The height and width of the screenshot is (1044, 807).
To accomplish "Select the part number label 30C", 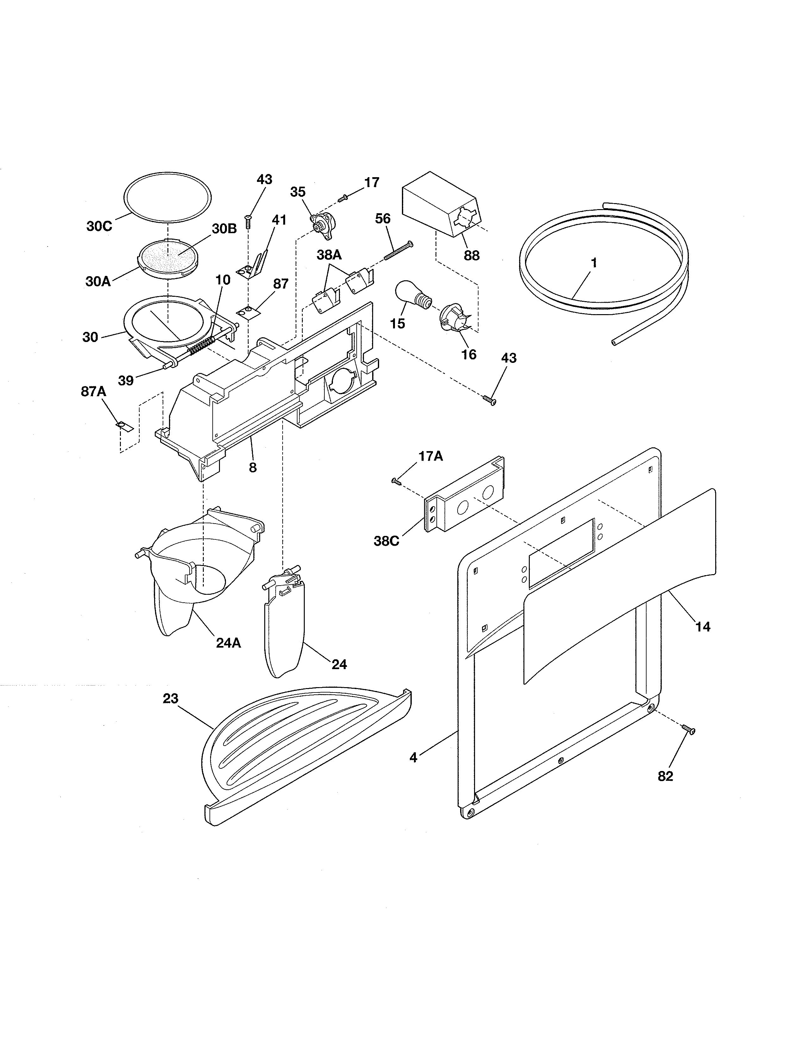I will pyautogui.click(x=99, y=226).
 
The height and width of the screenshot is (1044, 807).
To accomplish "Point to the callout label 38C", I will pyautogui.click(x=386, y=542).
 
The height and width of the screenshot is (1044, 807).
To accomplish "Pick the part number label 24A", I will pyautogui.click(x=228, y=643).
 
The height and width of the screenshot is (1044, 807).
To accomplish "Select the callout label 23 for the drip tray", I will pyautogui.click(x=170, y=699).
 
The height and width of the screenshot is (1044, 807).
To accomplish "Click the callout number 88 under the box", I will pyautogui.click(x=472, y=256).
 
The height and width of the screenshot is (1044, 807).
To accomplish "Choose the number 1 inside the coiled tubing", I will pyautogui.click(x=594, y=263).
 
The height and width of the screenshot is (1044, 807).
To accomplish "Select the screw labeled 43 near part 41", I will pyautogui.click(x=248, y=221).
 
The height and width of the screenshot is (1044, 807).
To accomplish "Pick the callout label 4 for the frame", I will pyautogui.click(x=414, y=758).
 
